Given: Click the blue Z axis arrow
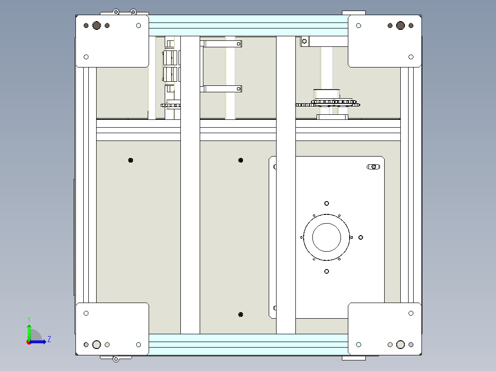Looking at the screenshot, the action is tap(37, 342).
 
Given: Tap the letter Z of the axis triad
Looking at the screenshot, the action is tap(49, 339).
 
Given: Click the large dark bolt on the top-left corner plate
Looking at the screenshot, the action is tap(97, 26).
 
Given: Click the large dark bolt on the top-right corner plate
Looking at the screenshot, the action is tap(400, 26).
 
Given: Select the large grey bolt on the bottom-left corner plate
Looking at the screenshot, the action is tap(97, 344).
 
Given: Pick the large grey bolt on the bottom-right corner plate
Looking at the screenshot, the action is tap(400, 344).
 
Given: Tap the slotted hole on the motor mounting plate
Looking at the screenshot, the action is tap(373, 167).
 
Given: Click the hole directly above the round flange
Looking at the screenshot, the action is tap(327, 203).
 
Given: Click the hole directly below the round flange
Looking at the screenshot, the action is tap(327, 271).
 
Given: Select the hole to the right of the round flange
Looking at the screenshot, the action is tap(361, 237).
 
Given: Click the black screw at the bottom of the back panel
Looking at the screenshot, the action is tap(241, 315).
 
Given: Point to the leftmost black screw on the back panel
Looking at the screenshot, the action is tap(131, 160).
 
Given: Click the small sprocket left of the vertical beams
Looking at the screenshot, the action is tap(171, 105).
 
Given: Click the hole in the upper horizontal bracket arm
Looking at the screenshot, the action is tap(238, 44).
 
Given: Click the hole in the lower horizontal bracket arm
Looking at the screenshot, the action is tap(238, 89).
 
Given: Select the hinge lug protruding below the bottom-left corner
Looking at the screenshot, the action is tap(116, 359).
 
